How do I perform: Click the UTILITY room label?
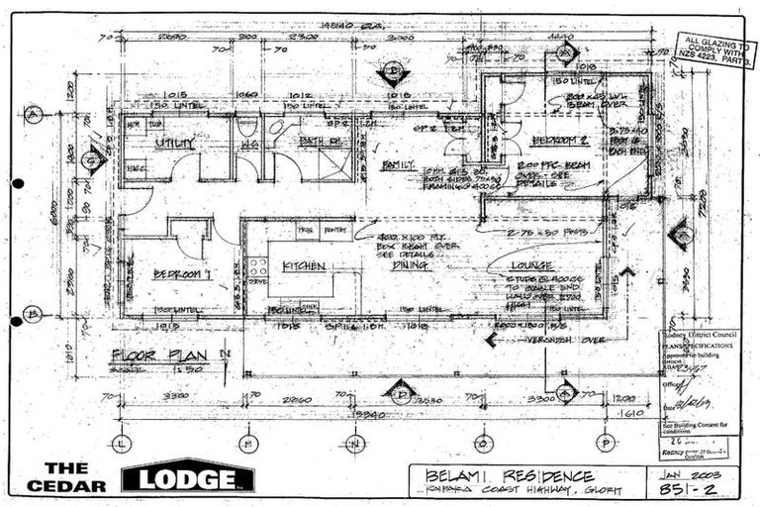[174, 144]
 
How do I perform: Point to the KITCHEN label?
[304, 266]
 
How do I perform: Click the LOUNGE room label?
[531, 265]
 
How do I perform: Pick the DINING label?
[408, 265]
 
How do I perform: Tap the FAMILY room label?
[398, 164]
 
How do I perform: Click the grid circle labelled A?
[34, 114]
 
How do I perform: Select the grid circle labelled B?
[34, 314]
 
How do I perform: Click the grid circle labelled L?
[121, 443]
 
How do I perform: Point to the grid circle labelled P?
[606, 443]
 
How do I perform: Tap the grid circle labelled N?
[355, 443]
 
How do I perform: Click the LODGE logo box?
[187, 478]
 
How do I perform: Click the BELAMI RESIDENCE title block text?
[510, 476]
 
